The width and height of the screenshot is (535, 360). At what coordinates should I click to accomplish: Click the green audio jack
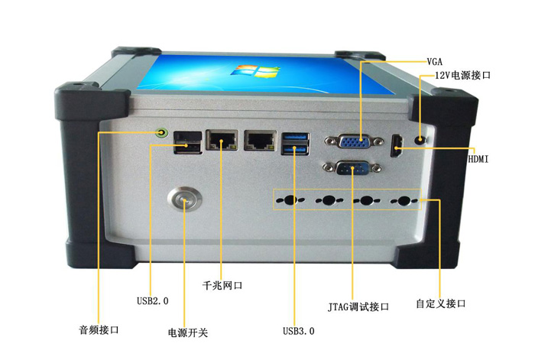162,132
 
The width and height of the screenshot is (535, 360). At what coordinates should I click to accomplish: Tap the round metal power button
185,199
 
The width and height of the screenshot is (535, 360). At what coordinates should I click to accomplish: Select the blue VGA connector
355,141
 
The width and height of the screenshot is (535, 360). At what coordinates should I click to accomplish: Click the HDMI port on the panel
397,146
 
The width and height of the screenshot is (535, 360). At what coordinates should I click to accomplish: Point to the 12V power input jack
420,139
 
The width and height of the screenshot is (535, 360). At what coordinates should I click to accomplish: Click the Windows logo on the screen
255,71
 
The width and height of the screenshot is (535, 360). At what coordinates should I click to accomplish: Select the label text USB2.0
153,301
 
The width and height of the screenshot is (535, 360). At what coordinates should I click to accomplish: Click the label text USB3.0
299,331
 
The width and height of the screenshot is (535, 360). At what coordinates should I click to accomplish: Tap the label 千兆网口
222,285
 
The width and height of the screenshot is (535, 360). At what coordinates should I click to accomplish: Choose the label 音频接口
99,329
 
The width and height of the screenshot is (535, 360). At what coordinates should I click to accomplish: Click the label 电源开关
188,332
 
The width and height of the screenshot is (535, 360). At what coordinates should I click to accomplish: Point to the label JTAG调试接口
358,306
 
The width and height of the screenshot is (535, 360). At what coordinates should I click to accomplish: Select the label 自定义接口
440,303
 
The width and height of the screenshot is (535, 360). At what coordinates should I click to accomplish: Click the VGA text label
435,61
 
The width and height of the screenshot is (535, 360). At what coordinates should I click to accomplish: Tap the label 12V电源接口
462,75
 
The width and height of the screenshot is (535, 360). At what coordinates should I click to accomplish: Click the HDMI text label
478,159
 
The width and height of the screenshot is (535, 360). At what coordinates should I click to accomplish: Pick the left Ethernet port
222,140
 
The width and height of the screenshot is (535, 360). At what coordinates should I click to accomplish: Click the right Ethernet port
260,140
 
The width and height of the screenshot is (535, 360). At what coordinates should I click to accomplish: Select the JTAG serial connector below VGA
352,168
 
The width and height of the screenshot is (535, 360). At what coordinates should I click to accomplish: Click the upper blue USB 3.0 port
296,137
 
